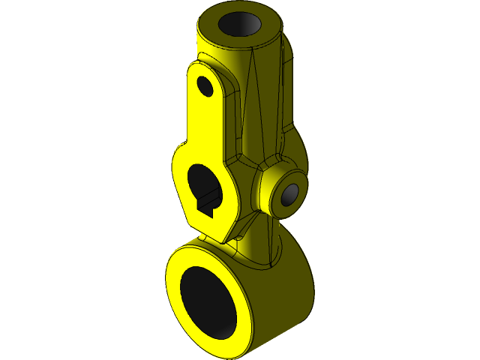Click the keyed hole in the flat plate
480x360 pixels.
coord(202,181)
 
